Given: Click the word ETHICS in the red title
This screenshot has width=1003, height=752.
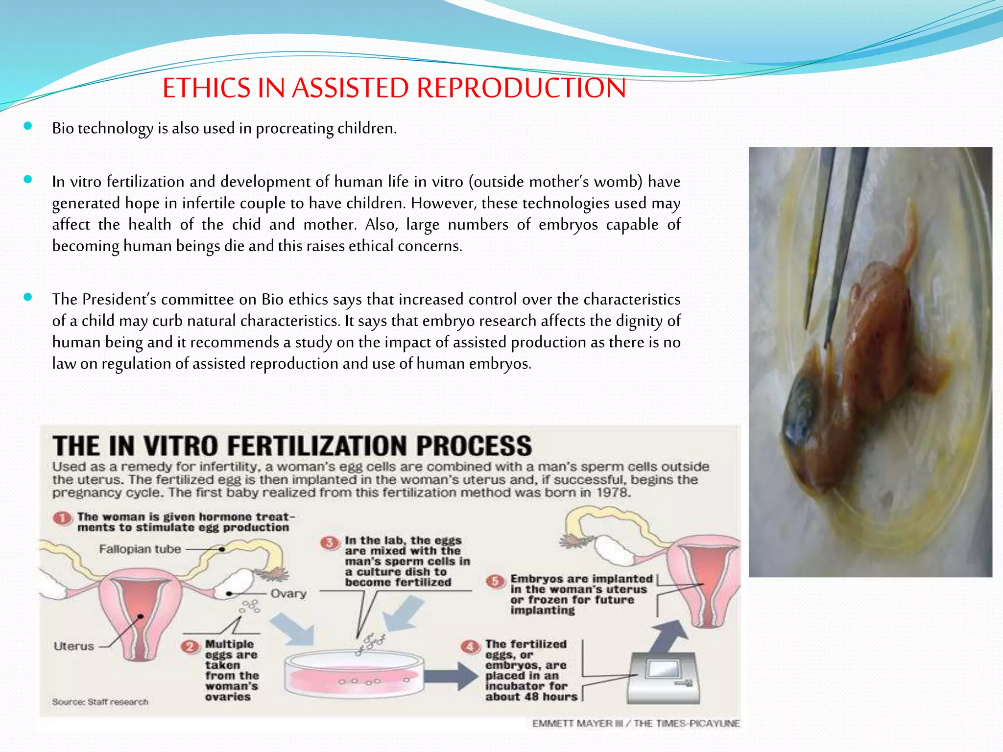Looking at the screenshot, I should pyautogui.click(x=206, y=88).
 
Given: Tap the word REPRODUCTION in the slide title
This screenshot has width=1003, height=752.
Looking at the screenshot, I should pyautogui.click(x=521, y=88).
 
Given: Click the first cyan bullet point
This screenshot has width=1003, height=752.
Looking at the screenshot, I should pyautogui.click(x=28, y=126).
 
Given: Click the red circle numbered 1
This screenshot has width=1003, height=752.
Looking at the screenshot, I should pyautogui.click(x=63, y=518).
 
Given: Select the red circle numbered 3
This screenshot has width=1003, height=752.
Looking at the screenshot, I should pyautogui.click(x=330, y=542).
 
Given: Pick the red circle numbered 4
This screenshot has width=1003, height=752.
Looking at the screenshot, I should pyautogui.click(x=471, y=647).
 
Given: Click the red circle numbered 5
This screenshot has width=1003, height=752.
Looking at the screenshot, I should pyautogui.click(x=495, y=581).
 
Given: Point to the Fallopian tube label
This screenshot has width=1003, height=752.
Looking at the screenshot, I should pyautogui.click(x=140, y=549).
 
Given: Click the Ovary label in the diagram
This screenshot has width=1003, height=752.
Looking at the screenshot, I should pyautogui.click(x=288, y=593).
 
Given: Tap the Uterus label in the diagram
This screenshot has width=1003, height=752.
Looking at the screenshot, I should pyautogui.click(x=73, y=646).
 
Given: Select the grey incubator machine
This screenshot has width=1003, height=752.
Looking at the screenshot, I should pyautogui.click(x=664, y=678).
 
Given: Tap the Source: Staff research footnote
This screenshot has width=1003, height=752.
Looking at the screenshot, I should pyautogui.click(x=100, y=702).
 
